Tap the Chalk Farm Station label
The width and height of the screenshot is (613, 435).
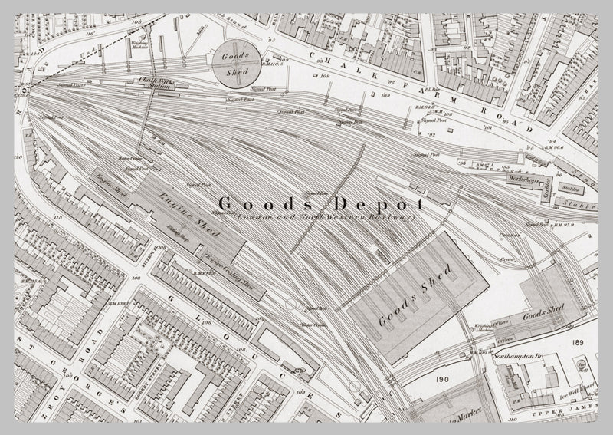[x=154, y=84]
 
